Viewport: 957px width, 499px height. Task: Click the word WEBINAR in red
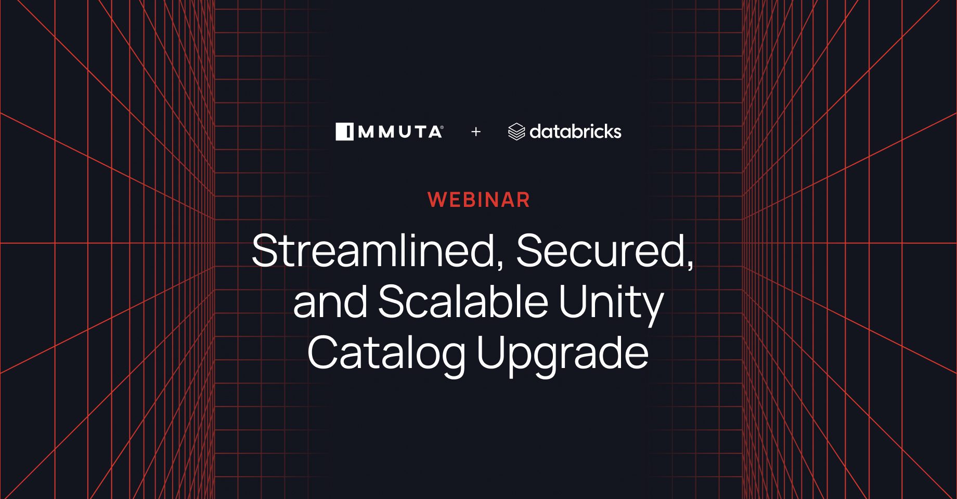pyautogui.click(x=478, y=200)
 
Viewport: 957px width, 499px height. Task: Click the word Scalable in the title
pyautogui.click(x=463, y=301)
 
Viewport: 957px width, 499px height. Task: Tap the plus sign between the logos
pyautogui.click(x=475, y=132)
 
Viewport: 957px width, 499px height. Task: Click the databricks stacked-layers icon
pyautogui.click(x=516, y=132)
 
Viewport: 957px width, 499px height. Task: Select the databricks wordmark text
pyautogui.click(x=575, y=132)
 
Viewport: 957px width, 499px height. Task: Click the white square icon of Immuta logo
pyautogui.click(x=344, y=132)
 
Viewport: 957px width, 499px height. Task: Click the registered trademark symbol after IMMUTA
pyautogui.click(x=442, y=127)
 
